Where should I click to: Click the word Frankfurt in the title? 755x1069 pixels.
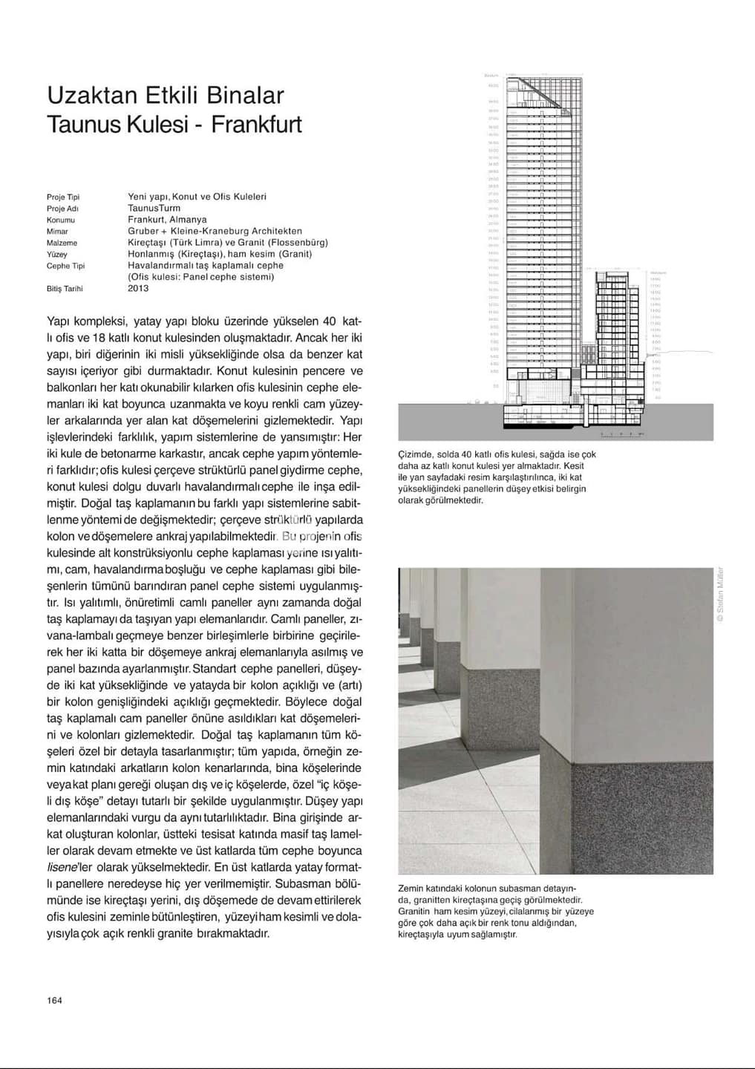(257, 124)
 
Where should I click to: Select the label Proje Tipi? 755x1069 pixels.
(63, 197)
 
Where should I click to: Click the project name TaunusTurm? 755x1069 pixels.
(154, 209)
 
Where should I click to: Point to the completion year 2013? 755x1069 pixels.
(138, 288)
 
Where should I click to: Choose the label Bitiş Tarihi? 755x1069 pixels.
(65, 289)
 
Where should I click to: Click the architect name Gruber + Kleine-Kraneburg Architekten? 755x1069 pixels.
(215, 231)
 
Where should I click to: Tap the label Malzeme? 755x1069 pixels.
(62, 243)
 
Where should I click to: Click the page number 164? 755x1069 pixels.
(54, 1000)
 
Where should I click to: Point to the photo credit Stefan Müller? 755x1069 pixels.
(719, 595)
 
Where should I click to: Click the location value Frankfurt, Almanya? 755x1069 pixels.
(167, 220)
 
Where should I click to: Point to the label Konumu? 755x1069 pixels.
(61, 220)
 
